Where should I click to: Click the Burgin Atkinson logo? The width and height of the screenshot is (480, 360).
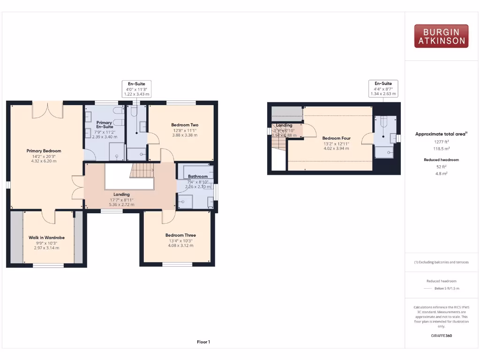click(441, 36)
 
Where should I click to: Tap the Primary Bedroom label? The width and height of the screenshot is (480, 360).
click(44, 151)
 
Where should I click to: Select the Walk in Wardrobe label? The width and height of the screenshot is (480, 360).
click(46, 238)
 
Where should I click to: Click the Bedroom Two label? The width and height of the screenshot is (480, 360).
click(185, 125)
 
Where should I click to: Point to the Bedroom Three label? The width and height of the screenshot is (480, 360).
click(180, 235)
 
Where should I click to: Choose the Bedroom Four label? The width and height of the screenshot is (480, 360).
click(336, 138)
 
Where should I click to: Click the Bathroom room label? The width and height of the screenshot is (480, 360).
click(197, 176)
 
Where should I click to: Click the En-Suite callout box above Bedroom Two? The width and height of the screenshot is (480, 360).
click(137, 89)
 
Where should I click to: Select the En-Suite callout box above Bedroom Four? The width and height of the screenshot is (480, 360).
click(383, 89)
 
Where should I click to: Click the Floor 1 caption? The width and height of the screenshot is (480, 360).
click(203, 342)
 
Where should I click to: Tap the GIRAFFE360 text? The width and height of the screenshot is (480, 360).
click(441, 336)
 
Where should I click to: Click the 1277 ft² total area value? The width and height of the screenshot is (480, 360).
click(441, 142)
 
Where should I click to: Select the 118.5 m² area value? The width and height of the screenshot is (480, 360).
click(441, 149)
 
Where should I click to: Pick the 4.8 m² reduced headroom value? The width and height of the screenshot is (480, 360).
click(441, 173)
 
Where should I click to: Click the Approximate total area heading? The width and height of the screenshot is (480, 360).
click(441, 134)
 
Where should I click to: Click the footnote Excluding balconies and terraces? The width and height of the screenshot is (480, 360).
click(441, 262)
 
